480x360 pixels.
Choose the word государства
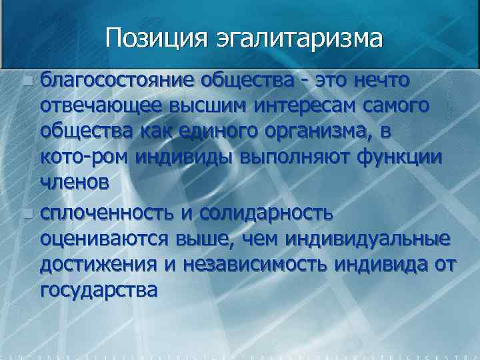point(99,291)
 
